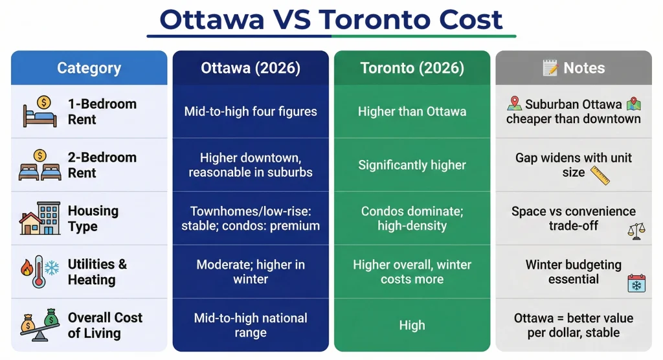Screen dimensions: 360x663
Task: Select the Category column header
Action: click(89, 68)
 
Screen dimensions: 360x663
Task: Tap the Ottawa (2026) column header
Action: click(251, 68)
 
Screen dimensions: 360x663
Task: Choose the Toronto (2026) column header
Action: click(412, 68)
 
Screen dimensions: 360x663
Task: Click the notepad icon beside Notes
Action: click(550, 68)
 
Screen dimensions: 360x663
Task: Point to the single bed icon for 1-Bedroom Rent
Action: click(40, 111)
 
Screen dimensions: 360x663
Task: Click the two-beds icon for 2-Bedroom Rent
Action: click(40, 165)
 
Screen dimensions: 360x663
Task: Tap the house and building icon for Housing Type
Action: click(40, 219)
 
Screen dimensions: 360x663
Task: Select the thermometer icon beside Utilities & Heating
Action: click(39, 272)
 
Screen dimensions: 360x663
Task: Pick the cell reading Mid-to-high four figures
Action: click(251, 111)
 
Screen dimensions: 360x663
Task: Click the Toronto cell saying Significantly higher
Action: click(412, 165)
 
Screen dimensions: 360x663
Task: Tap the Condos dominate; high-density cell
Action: click(412, 219)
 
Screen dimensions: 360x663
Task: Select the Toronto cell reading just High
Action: click(412, 326)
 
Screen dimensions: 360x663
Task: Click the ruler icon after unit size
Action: click(600, 175)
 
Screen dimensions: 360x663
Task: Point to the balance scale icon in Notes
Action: click(636, 231)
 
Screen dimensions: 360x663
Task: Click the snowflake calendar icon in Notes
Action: click(636, 284)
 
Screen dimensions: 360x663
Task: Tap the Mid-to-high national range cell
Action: click(251, 326)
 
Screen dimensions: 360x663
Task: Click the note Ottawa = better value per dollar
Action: click(574, 326)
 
